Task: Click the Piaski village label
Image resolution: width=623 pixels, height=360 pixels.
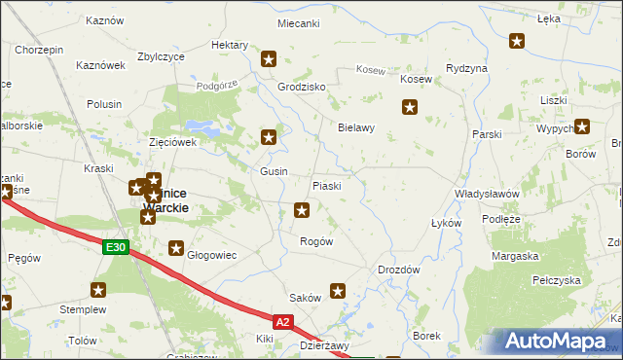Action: [325, 186]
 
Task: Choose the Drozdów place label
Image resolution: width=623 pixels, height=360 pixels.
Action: [398, 270]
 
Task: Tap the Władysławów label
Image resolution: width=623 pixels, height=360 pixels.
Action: [488, 194]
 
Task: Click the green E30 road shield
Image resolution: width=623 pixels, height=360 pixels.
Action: [116, 248]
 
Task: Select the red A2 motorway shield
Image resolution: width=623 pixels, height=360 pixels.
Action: [282, 321]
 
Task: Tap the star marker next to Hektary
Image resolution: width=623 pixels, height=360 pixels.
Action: [269, 59]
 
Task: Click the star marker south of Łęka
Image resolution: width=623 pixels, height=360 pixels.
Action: [517, 41]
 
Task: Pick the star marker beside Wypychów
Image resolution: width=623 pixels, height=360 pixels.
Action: [582, 126]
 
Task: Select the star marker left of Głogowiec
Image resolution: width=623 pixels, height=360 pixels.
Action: [176, 248]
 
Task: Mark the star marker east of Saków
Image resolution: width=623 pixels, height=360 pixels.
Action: [338, 290]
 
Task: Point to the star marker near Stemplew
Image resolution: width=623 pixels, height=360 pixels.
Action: [98, 289]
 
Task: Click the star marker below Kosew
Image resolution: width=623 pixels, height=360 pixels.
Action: [411, 107]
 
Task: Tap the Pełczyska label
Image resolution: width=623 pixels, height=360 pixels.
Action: [556, 280]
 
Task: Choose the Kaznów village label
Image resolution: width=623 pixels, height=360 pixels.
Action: [104, 20]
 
